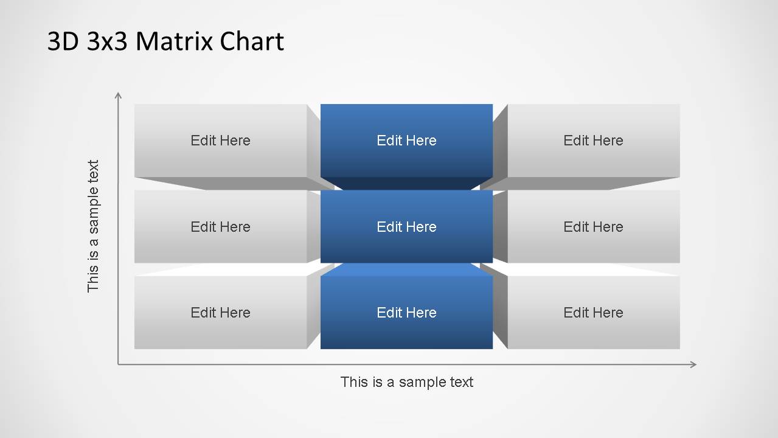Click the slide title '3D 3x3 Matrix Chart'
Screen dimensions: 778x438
click(165, 41)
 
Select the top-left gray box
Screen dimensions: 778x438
click(221, 141)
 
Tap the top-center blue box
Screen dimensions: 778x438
click(406, 141)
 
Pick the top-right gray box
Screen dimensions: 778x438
click(594, 141)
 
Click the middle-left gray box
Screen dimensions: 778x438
click(221, 226)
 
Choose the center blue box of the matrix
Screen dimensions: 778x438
click(406, 226)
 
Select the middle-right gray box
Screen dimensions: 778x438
click(594, 226)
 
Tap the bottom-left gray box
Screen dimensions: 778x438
click(221, 313)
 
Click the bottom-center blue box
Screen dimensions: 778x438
click(406, 313)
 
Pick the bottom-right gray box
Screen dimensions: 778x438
click(594, 313)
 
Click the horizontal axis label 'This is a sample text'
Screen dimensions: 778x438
click(407, 382)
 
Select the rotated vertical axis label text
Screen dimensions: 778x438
click(93, 226)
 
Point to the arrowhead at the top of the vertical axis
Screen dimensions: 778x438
click(118, 95)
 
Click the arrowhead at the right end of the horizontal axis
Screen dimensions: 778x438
click(693, 364)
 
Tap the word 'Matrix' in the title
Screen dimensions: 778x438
click(173, 41)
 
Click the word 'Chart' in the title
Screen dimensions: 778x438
click(252, 41)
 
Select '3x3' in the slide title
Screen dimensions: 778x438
click(107, 41)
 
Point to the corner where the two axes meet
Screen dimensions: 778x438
click(118, 364)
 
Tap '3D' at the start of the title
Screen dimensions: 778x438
click(63, 41)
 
